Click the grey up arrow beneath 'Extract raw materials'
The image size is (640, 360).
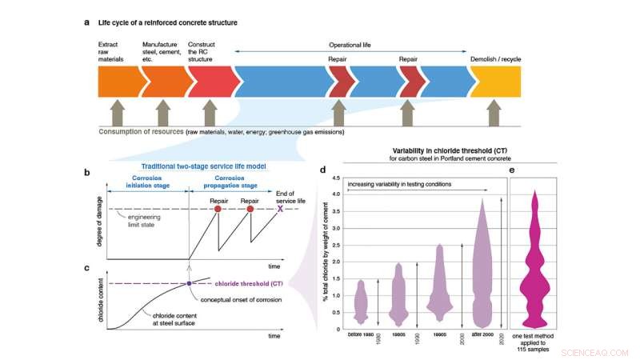click(x=118, y=110)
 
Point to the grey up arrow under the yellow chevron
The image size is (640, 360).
click(x=498, y=110)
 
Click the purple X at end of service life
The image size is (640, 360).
click(x=280, y=209)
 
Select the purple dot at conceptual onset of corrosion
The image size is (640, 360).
click(x=189, y=282)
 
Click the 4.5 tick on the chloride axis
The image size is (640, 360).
click(x=337, y=178)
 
